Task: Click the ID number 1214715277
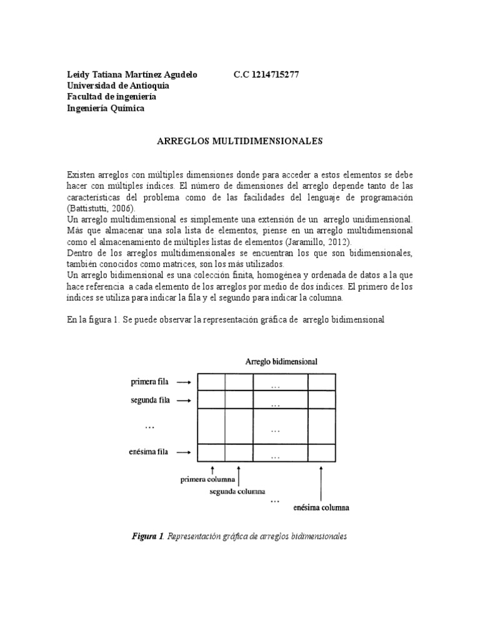tap(276, 74)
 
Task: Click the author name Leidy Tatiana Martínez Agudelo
tap(132, 74)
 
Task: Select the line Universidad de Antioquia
tap(122, 86)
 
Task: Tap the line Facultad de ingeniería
tap(112, 97)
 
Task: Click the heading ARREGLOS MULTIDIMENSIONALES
tap(239, 142)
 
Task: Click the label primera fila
tap(150, 380)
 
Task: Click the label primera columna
tap(208, 480)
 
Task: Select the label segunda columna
tap(237, 491)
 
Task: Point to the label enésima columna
tap(321, 508)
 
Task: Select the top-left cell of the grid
tap(211, 382)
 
